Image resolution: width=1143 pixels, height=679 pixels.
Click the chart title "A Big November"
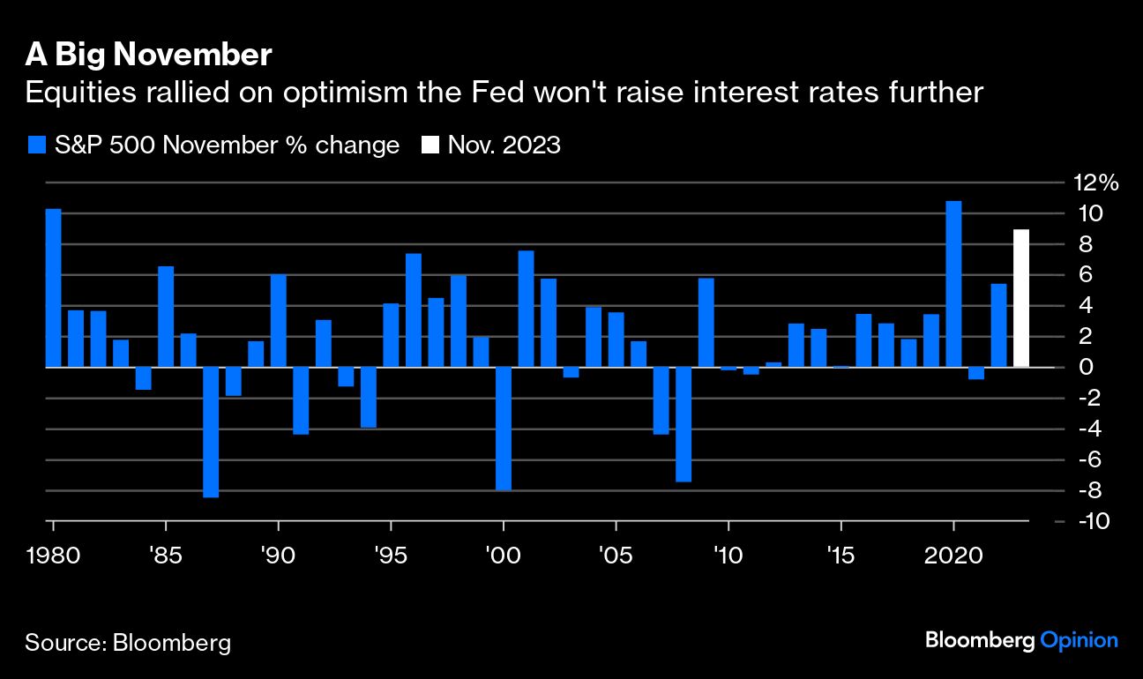[x=147, y=56]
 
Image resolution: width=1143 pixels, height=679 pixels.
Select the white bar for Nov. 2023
[x=1020, y=298]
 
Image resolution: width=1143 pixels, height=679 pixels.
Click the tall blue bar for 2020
[x=953, y=284]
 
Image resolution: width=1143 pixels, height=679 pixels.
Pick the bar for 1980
[x=53, y=287]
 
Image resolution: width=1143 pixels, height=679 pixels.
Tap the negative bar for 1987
[x=211, y=432]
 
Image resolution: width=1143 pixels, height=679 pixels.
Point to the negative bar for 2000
[x=504, y=429]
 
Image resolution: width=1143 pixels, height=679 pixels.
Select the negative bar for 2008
[x=684, y=424]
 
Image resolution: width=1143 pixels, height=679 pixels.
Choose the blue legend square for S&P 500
[x=36, y=145]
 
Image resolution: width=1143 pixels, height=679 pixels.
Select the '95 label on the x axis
[x=390, y=557]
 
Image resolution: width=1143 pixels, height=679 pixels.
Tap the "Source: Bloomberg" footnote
[x=128, y=642]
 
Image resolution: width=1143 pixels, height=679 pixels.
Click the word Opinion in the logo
[x=1079, y=640]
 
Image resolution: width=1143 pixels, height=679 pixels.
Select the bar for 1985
[x=166, y=317]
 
